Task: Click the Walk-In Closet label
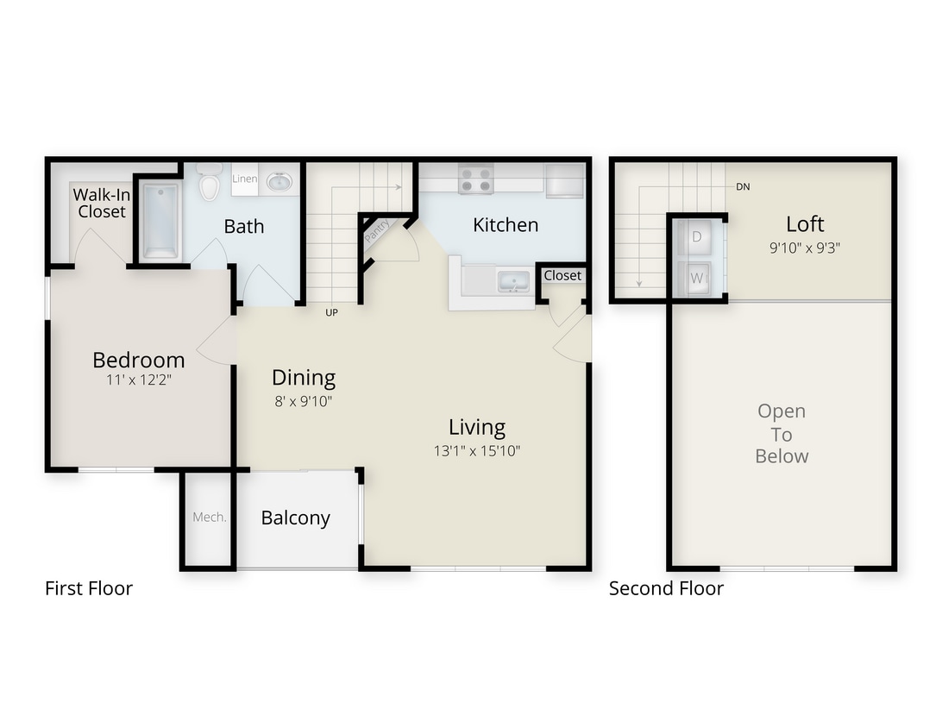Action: [101, 203]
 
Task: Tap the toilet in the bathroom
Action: [209, 184]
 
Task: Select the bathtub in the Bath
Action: [160, 220]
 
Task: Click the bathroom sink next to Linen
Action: [279, 181]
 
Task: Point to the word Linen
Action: [244, 179]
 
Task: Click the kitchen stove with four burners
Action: [475, 179]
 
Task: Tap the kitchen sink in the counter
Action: [512, 281]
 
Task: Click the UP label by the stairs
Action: [331, 312]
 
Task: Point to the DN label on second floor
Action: [742, 186]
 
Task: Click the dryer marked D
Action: [696, 235]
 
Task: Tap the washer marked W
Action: [696, 278]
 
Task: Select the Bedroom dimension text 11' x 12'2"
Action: [138, 380]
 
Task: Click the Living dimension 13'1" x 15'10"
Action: [477, 450]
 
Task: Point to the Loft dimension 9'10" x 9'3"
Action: [804, 247]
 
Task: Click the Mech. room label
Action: [209, 518]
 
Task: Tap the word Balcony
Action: [295, 518]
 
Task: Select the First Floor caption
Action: [89, 588]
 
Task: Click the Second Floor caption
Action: [666, 588]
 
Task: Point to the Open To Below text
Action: [782, 434]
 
